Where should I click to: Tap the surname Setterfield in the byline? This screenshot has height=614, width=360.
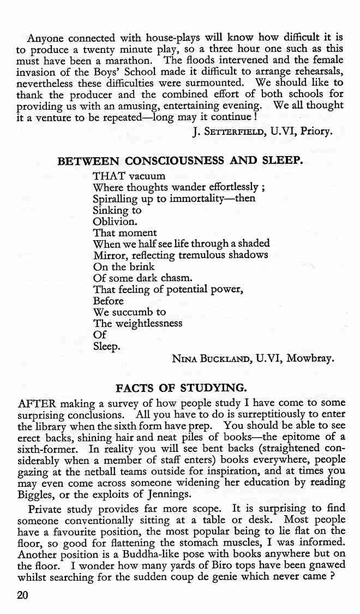[230, 131]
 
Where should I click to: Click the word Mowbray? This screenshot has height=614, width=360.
[311, 359]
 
